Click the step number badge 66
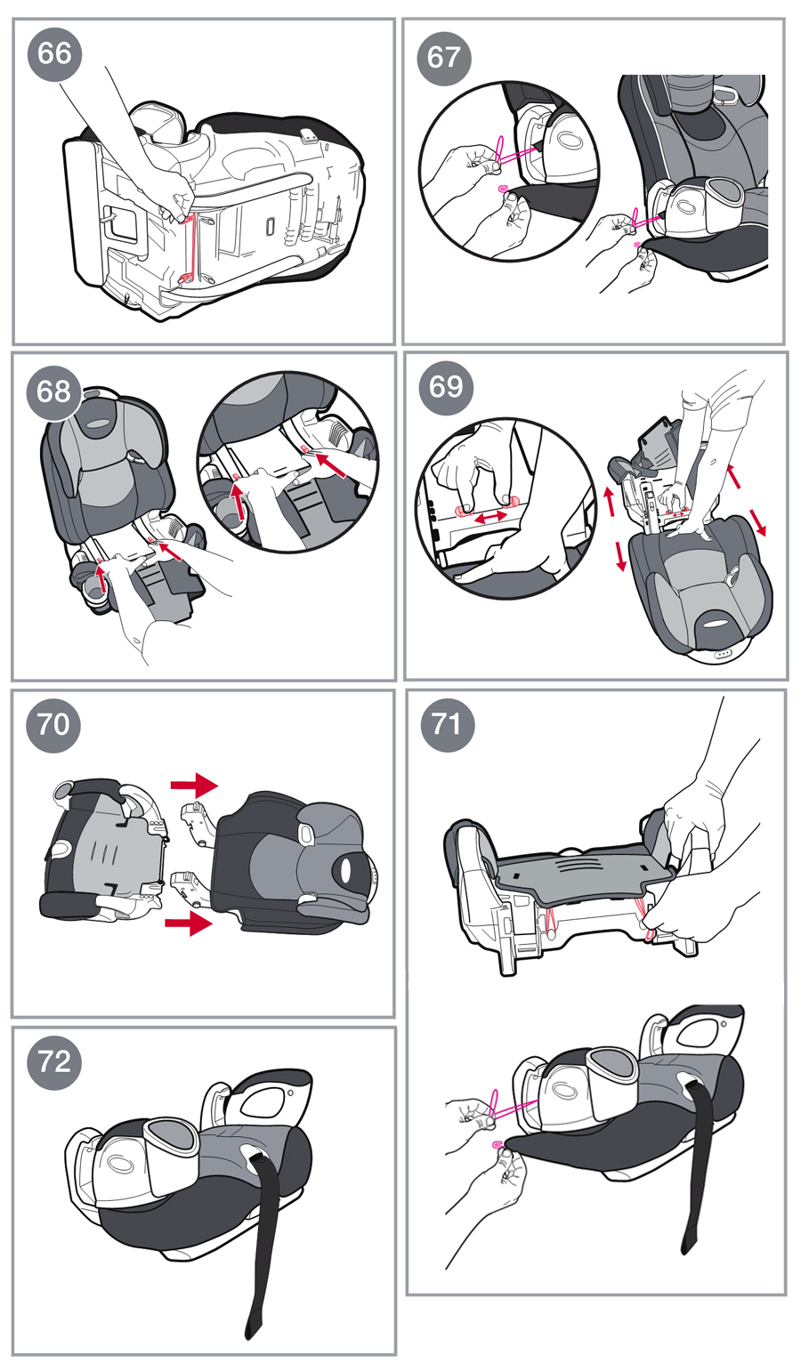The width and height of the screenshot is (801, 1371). (x=54, y=53)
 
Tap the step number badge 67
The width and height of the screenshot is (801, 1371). (x=444, y=59)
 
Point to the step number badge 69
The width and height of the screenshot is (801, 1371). (x=446, y=388)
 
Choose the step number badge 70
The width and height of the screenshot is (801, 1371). (x=53, y=725)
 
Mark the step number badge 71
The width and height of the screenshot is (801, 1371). (x=448, y=725)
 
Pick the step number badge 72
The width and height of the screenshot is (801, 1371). (x=54, y=1062)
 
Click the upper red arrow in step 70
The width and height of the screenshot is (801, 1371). (x=194, y=785)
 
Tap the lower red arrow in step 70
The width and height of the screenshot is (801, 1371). (x=189, y=922)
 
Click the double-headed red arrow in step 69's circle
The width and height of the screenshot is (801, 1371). (x=491, y=517)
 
